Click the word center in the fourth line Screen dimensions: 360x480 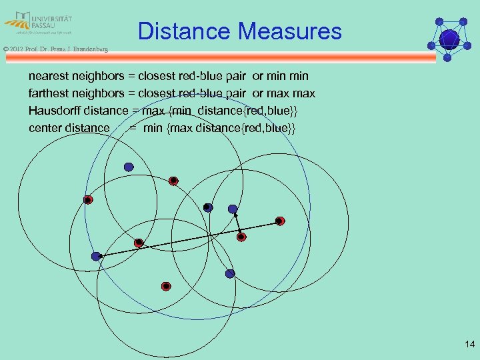[47, 127]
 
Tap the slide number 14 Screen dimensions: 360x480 [469, 345]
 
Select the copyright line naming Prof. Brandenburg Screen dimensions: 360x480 [55, 49]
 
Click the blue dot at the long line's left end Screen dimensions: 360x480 [97, 256]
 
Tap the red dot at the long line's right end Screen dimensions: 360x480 [280, 221]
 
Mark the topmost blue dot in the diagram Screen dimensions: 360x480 [129, 167]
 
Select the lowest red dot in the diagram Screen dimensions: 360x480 [166, 286]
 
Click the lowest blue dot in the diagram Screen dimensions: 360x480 [230, 273]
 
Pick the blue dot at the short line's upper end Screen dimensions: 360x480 [233, 209]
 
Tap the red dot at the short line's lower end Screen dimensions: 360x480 [242, 236]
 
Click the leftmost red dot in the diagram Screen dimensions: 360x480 [87, 199]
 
